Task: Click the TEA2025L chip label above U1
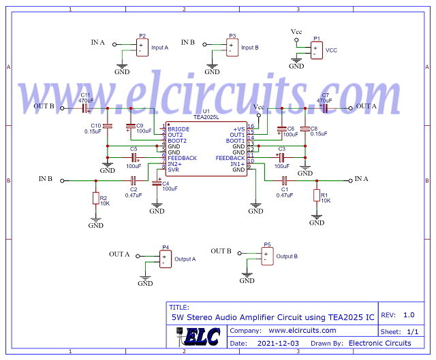205,117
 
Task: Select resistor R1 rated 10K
316,196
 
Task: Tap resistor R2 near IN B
95,199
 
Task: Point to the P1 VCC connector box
316,50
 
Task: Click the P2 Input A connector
142,48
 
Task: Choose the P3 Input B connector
232,48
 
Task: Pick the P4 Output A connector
165,259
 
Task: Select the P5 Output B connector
267,256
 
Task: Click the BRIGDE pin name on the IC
178,129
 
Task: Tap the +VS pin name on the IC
238,129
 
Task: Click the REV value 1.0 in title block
409,315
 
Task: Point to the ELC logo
202,337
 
